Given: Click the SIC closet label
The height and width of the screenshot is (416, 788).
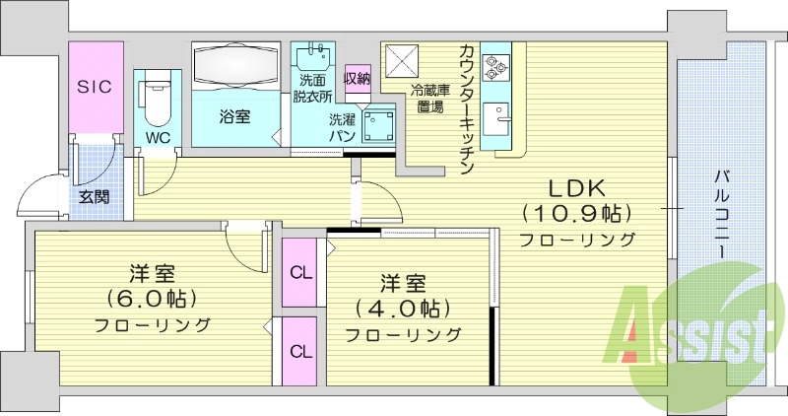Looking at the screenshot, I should [x=95, y=87].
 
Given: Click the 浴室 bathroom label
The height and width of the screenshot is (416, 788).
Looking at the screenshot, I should [x=234, y=116].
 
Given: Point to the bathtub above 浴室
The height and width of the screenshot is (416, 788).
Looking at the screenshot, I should [x=236, y=65].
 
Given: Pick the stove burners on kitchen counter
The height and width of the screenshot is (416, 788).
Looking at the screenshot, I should [x=495, y=64].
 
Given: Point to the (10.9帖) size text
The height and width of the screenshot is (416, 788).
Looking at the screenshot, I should [x=577, y=213].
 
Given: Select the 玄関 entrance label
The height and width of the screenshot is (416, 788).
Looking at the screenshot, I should [x=95, y=197].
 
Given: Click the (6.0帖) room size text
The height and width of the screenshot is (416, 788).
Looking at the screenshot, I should [x=152, y=297].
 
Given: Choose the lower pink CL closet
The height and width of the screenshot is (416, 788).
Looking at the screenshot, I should [x=299, y=351].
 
